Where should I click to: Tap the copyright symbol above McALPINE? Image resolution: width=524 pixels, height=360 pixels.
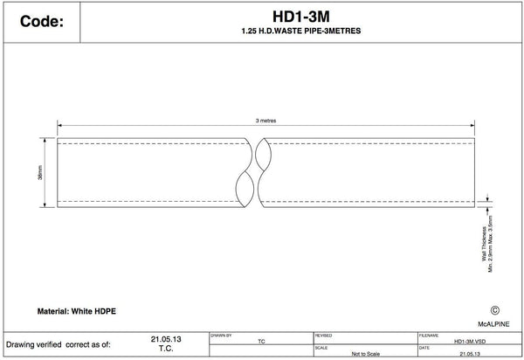click(496, 309)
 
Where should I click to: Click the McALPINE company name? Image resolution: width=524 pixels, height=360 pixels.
click(494, 323)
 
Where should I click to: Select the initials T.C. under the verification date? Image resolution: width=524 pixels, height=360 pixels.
click(165, 347)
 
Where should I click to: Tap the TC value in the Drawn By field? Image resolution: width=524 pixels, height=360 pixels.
click(262, 343)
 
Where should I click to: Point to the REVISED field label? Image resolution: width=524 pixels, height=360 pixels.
click(323, 334)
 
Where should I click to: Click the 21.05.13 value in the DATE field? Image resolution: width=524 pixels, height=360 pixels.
click(468, 355)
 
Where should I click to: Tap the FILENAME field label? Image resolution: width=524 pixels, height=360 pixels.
click(429, 334)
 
